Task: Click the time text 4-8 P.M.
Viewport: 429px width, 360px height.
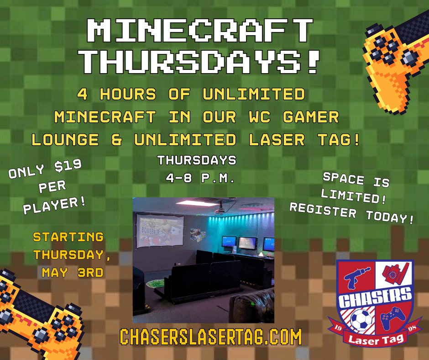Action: (x=200, y=178)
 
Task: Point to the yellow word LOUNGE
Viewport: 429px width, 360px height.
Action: (x=65, y=140)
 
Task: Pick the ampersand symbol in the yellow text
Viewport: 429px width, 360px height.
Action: (x=116, y=140)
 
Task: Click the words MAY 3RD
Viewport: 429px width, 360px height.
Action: (x=73, y=273)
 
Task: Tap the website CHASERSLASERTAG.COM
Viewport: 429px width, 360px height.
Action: (x=211, y=337)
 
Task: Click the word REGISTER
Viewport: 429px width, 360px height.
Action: (x=323, y=211)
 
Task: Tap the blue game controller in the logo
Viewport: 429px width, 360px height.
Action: (x=393, y=318)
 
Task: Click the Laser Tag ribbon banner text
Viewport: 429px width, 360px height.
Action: (x=376, y=340)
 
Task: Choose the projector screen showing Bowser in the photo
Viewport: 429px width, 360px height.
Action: (x=160, y=231)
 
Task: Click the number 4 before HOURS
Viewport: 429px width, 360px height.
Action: (x=82, y=94)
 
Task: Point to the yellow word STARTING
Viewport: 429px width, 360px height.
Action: (x=68, y=237)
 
